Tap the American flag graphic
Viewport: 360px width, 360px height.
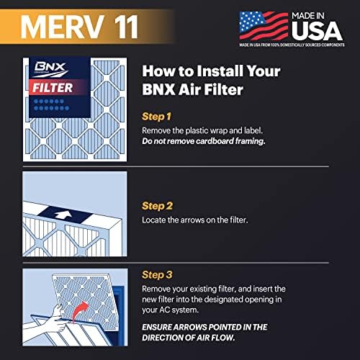click(x=253, y=24)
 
